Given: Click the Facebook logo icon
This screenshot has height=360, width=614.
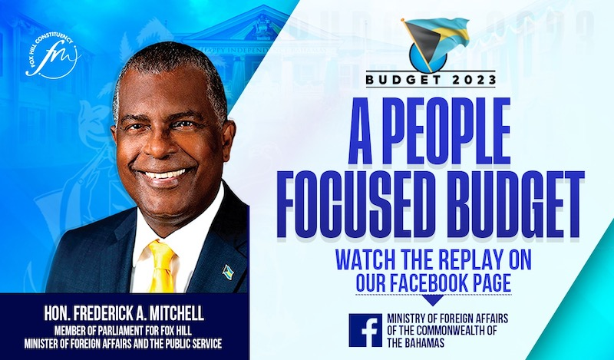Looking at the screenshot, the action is click(x=365, y=330).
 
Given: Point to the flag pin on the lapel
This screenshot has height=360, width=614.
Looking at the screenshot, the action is click(x=228, y=272).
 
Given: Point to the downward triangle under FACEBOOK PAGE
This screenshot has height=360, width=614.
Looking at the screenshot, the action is click(x=433, y=300).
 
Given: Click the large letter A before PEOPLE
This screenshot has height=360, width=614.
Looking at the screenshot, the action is click(x=360, y=130).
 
